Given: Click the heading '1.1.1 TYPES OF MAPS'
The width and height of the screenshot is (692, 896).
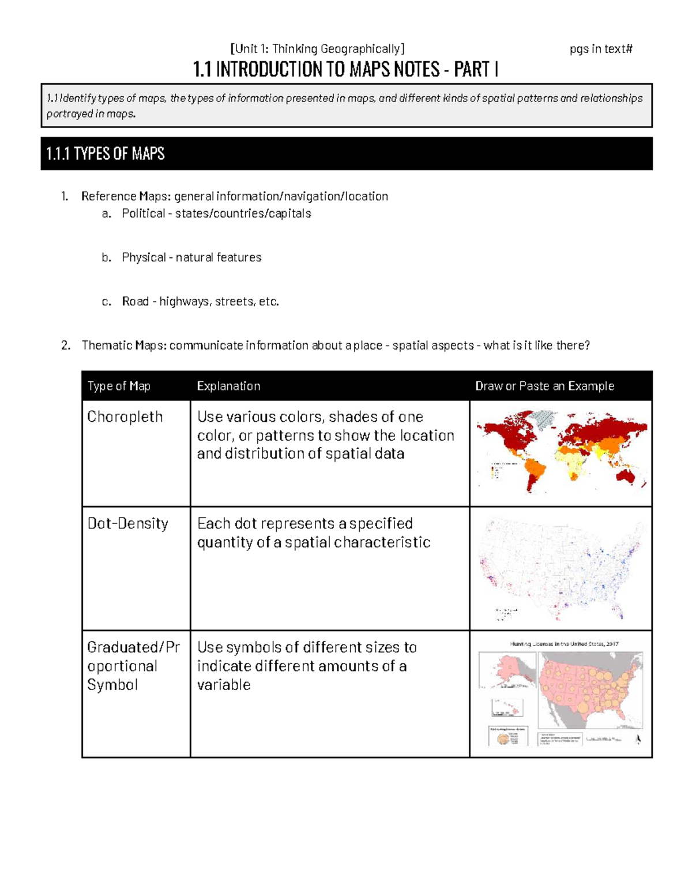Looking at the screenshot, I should (x=106, y=153).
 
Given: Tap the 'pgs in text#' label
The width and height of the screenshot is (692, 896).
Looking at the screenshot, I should (x=601, y=49).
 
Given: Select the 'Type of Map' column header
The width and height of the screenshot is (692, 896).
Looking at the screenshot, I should (x=119, y=386).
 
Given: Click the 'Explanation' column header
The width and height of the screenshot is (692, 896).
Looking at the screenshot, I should (x=228, y=386).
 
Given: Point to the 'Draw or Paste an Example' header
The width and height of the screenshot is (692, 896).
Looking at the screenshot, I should (x=544, y=386).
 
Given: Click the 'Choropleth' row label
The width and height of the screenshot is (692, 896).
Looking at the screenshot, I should (x=125, y=417).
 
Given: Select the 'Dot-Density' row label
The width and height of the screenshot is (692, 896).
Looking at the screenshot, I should (x=128, y=523).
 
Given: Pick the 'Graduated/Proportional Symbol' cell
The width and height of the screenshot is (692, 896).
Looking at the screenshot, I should (x=133, y=666).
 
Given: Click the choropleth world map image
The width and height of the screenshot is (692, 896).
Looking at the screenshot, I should (x=561, y=452).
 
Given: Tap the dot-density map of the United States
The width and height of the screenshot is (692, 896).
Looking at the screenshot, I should (x=561, y=568).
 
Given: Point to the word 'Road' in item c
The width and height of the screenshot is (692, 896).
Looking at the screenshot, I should (x=135, y=301).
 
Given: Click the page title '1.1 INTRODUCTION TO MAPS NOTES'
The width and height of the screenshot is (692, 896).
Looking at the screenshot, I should (x=345, y=70).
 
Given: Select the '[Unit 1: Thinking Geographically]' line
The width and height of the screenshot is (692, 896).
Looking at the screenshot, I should (x=317, y=49).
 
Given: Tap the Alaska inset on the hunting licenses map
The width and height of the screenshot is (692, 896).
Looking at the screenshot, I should (x=506, y=669).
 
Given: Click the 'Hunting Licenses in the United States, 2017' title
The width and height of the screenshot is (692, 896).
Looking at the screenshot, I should (x=563, y=644).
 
